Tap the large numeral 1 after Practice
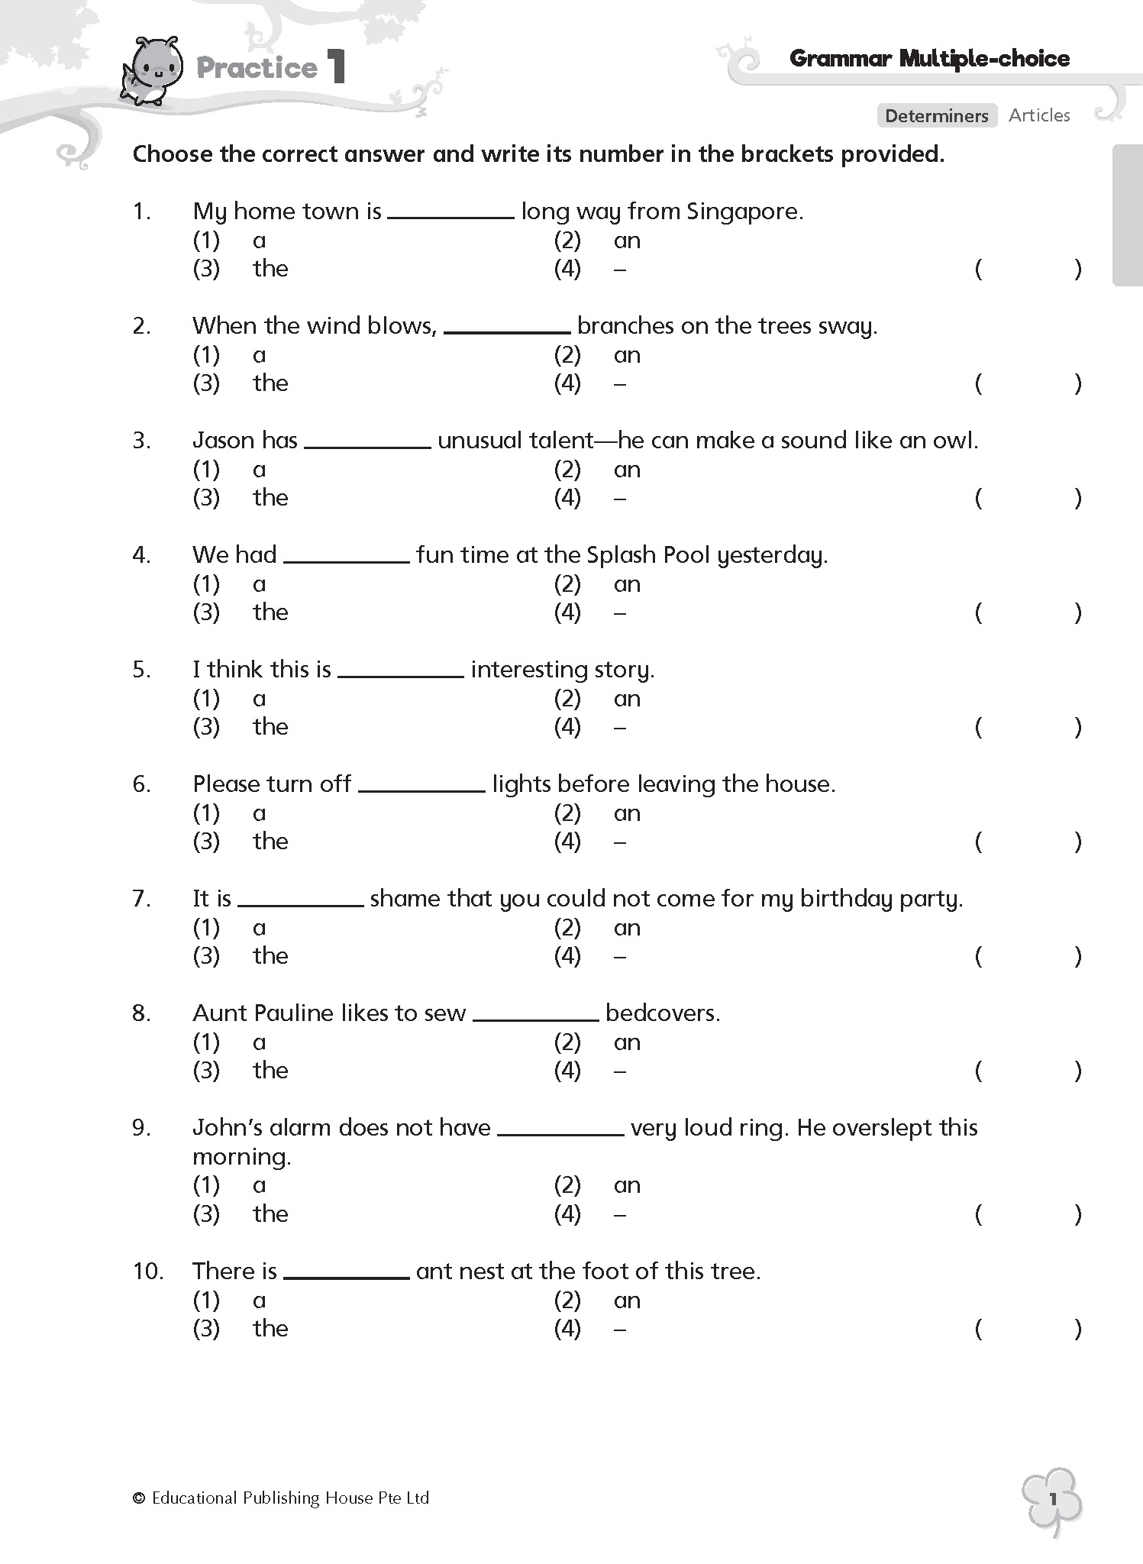pyautogui.click(x=336, y=67)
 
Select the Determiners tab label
pyautogui.click(x=937, y=115)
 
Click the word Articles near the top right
pyautogui.click(x=1039, y=115)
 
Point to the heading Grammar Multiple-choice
pyautogui.click(x=929, y=59)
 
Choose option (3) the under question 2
pyautogui.click(x=241, y=383)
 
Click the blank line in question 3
pyautogui.click(x=367, y=447)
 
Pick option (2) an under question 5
pyautogui.click(x=597, y=699)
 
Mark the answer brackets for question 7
pyautogui.click(x=1028, y=956)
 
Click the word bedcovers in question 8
pyautogui.click(x=661, y=1013)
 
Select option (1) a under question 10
pyautogui.click(x=229, y=1301)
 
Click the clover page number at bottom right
pyautogui.click(x=1052, y=1499)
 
